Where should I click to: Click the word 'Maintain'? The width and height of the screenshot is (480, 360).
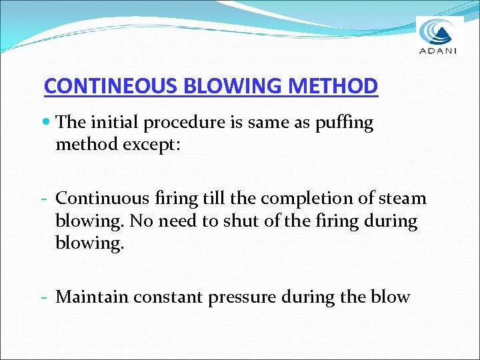coord(92,297)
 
